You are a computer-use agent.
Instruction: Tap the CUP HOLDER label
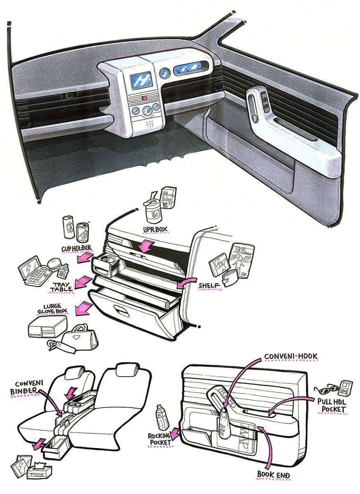click(77, 248)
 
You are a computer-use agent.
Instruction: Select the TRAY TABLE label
click(61, 287)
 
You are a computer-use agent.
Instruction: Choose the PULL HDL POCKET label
click(331, 405)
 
